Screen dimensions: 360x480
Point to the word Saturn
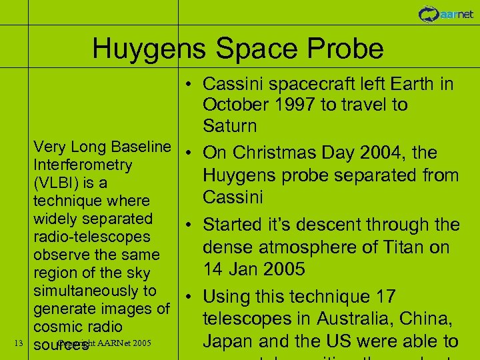coord(229,126)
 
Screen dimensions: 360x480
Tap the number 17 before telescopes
coord(384,297)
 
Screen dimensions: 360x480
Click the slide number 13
coord(19,343)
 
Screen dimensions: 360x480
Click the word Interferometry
coord(83,165)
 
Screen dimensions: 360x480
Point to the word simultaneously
coord(94,291)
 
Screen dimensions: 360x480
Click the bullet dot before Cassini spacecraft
coord(190,85)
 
